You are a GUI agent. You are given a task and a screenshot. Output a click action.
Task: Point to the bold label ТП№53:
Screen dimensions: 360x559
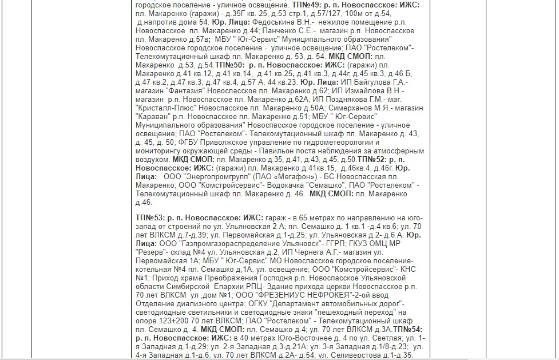(150, 217)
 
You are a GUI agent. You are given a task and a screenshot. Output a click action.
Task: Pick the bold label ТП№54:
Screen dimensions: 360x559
(408, 329)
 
